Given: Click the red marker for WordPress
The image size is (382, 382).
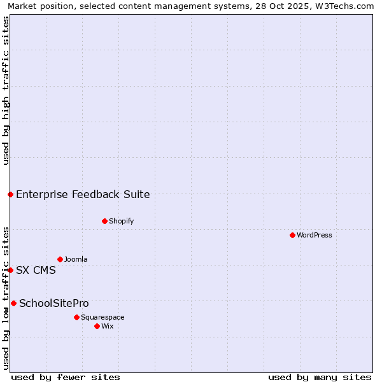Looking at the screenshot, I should point(292,236).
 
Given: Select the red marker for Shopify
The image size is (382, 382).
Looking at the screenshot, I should point(104,222).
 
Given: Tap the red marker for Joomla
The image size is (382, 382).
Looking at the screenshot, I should point(60,260).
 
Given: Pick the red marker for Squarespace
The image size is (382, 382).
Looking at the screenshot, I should point(76,317).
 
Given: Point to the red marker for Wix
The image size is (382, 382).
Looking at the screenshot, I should point(97,327).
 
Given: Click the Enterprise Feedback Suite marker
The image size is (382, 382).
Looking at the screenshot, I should point(10,194).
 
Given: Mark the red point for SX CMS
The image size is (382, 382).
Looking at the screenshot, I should point(10,270).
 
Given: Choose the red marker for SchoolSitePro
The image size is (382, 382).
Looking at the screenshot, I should point(13,303).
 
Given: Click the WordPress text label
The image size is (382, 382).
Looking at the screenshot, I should point(315,236).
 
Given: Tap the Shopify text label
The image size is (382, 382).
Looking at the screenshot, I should point(121,222).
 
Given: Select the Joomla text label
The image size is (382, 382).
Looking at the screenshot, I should point(76,260).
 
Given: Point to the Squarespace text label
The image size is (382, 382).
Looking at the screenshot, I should point(103,317).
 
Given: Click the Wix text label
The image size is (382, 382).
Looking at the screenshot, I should point(108,327).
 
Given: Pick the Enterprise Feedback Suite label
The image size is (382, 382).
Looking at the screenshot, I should point(83,195).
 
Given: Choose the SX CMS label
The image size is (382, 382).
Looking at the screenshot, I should point(36,271).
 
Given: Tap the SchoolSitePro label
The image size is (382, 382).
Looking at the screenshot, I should point(54,304).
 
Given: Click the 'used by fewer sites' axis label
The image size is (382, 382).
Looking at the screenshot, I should point(66,377).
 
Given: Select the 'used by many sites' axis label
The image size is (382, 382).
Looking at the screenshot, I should point(320,377).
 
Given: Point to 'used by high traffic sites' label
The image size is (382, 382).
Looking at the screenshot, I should point(6,90).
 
